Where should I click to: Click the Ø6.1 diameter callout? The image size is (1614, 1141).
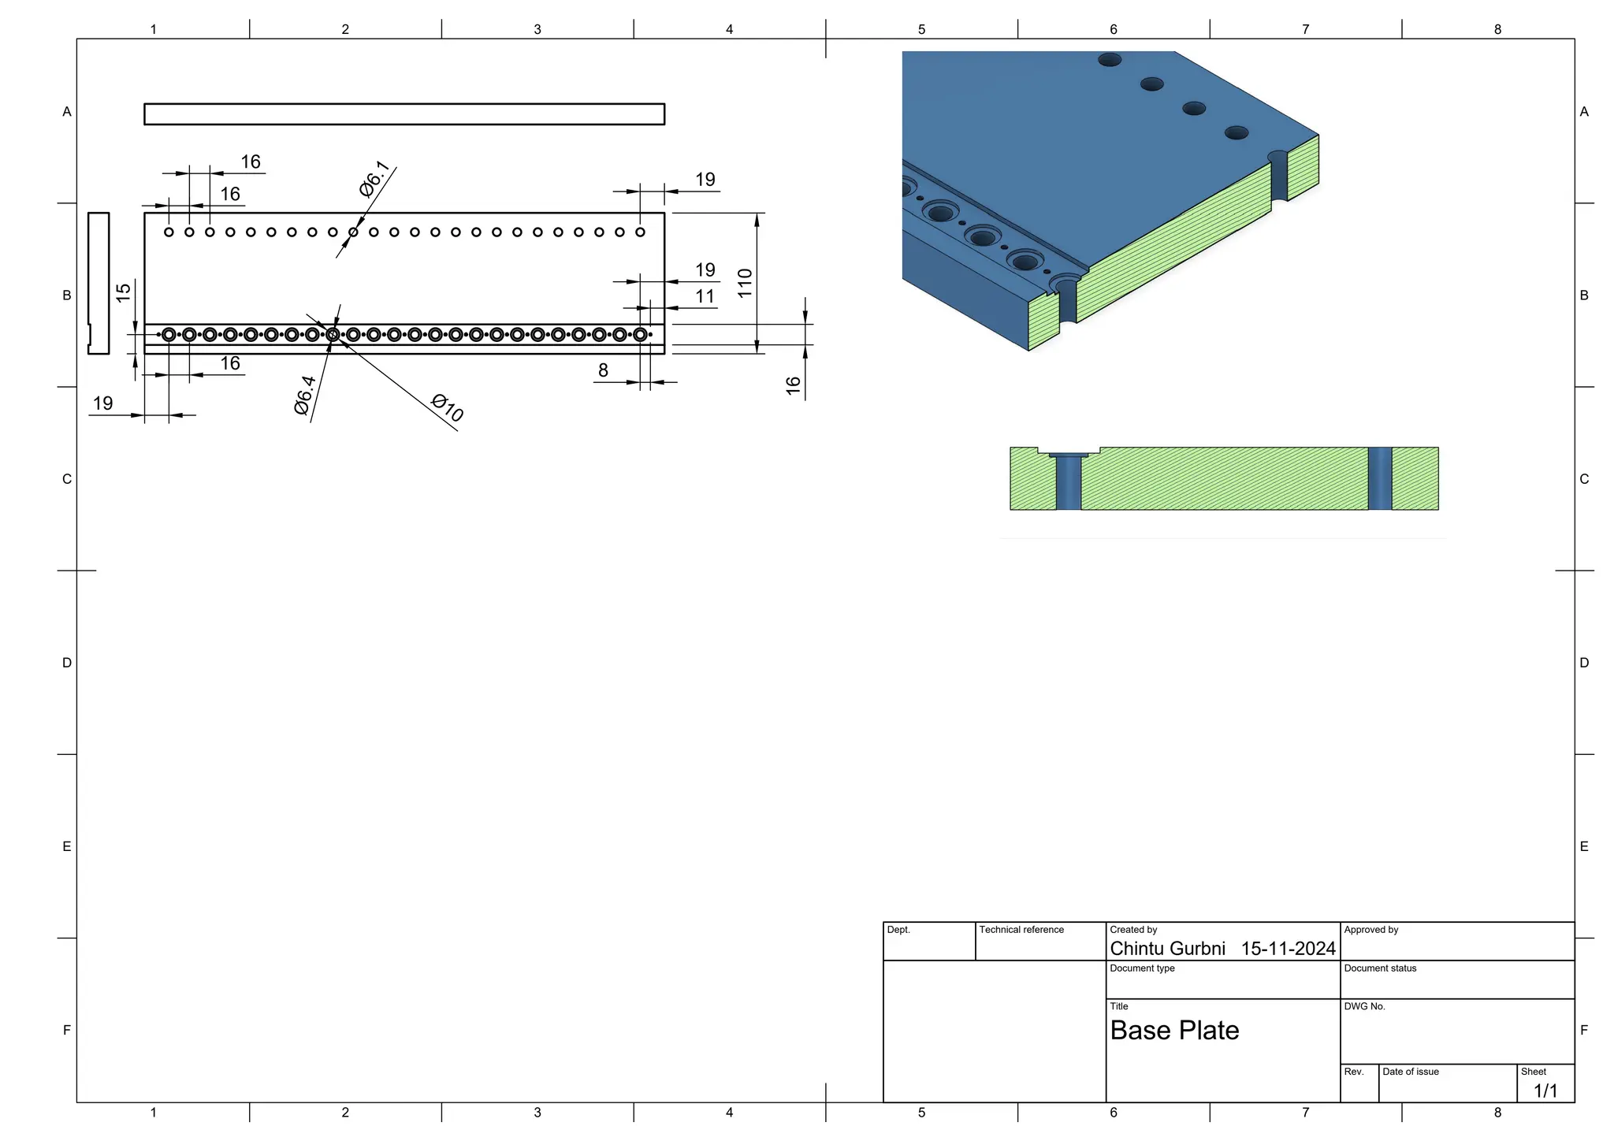coord(374,179)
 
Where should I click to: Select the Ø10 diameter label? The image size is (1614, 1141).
coord(448,407)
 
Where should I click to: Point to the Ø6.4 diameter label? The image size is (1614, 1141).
coord(304,396)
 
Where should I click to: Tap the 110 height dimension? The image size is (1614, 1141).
coord(745,283)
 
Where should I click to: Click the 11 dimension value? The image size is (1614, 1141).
coord(705,296)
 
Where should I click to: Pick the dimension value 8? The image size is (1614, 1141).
coord(603,370)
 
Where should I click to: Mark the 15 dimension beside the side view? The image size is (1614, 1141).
coord(123,292)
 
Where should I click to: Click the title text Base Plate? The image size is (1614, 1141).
coord(1174,1031)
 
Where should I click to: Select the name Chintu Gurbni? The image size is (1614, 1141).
coord(1167,949)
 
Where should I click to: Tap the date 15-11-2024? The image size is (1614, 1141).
coord(1288,949)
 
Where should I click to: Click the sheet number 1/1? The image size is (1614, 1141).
coord(1545,1091)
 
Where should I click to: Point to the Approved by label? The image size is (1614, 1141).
coord(1370,930)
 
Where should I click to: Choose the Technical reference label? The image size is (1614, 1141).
coord(1021,930)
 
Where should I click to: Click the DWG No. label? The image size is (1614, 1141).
coord(1364,1006)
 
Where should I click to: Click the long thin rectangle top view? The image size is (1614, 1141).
coord(403,114)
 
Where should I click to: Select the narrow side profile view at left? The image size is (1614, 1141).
coord(98,283)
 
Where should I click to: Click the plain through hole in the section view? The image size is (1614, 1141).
coord(1379,478)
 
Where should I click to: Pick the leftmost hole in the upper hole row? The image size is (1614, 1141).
coord(169,232)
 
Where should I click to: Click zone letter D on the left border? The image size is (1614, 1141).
coord(67,663)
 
